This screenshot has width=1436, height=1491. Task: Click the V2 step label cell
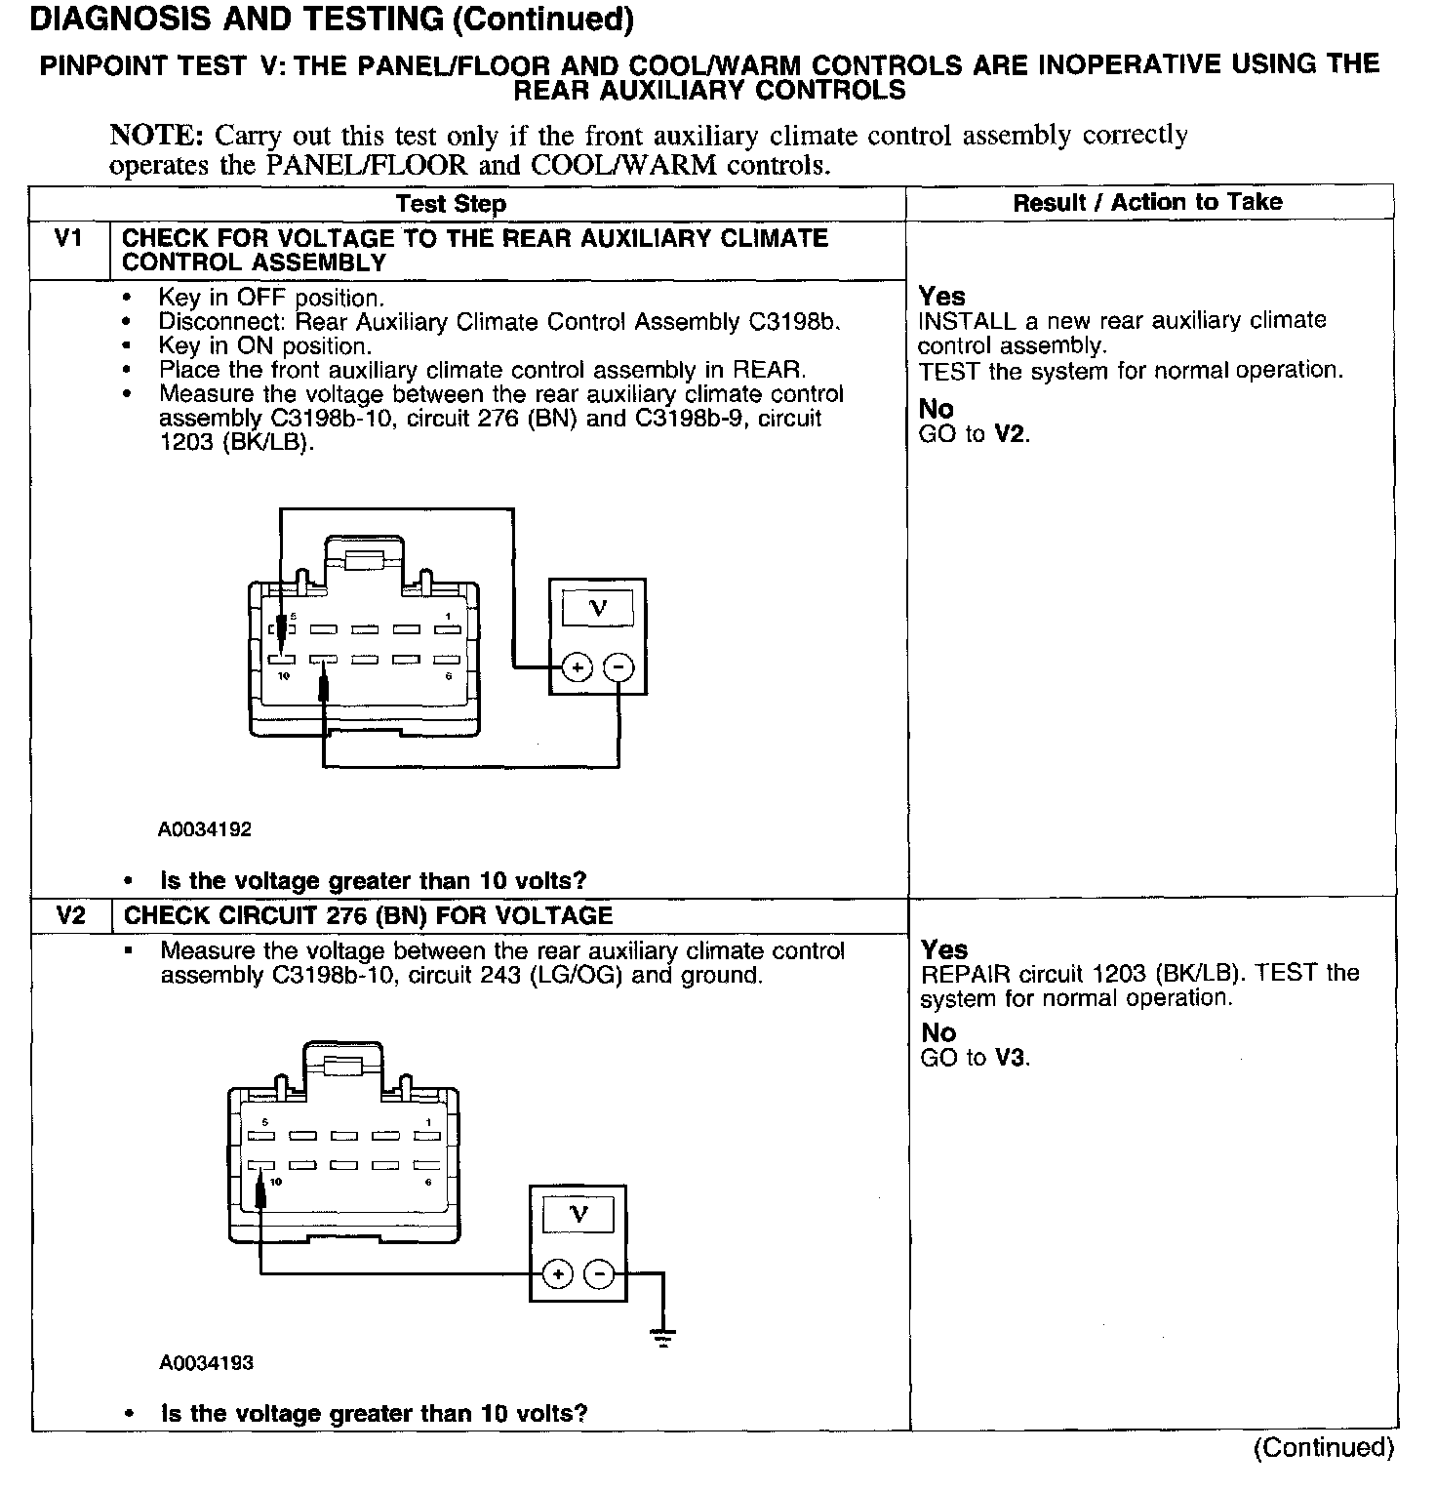tap(70, 915)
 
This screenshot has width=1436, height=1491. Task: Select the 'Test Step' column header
tap(451, 204)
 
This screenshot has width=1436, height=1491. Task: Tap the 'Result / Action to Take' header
tap(1147, 202)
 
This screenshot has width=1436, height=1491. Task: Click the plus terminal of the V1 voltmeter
tap(577, 668)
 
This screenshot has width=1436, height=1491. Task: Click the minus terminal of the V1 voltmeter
tap(618, 668)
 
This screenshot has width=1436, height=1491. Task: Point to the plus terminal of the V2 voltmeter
tap(557, 1274)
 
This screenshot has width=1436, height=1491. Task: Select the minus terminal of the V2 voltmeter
tap(599, 1274)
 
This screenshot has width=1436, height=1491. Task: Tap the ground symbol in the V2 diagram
tap(664, 1337)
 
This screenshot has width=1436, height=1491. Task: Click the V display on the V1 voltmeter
tap(598, 608)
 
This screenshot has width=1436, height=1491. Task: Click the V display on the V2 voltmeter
tap(578, 1214)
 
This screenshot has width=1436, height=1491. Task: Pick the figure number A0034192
tap(205, 829)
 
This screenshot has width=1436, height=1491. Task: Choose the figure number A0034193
tap(206, 1362)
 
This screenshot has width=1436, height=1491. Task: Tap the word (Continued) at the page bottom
tap(1323, 1447)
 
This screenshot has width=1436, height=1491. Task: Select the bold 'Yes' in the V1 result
tap(941, 297)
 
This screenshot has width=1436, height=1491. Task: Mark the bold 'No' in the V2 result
tap(938, 1032)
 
